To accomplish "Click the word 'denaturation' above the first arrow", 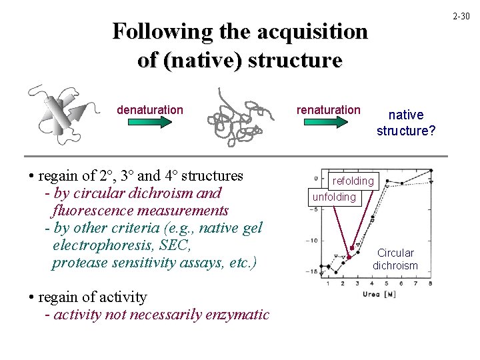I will pyautogui.click(x=149, y=109).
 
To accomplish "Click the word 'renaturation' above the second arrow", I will pyautogui.click(x=328, y=109).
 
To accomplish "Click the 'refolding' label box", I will pyautogui.click(x=353, y=181).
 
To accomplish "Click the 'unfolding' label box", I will pyautogui.click(x=334, y=197).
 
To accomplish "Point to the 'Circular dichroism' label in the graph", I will pyautogui.click(x=395, y=259).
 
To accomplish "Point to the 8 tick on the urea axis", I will pyautogui.click(x=430, y=284).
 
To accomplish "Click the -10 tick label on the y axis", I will pyautogui.click(x=313, y=240).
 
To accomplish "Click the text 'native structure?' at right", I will pyautogui.click(x=406, y=123).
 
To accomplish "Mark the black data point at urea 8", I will pyautogui.click(x=431, y=170).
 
